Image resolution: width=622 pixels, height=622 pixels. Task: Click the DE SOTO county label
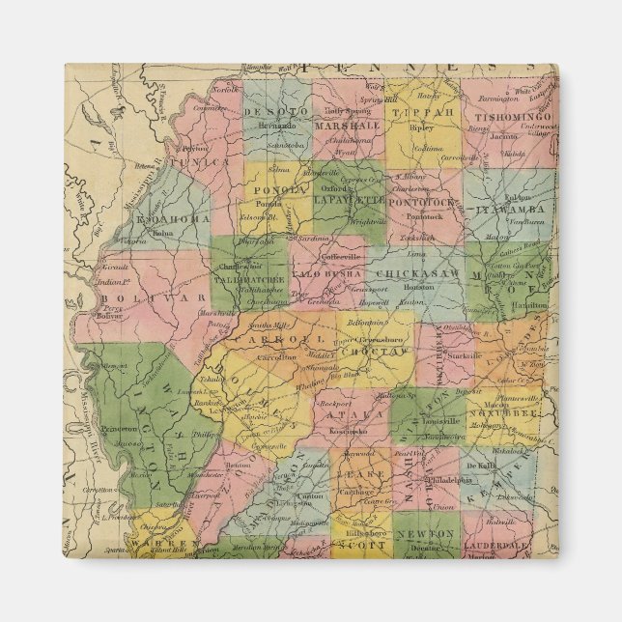pos(276,112)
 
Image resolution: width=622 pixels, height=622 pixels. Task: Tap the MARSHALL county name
pos(346,126)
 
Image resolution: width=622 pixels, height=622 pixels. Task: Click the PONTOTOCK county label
pos(422,202)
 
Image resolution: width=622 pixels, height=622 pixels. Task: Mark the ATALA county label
pos(342,414)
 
